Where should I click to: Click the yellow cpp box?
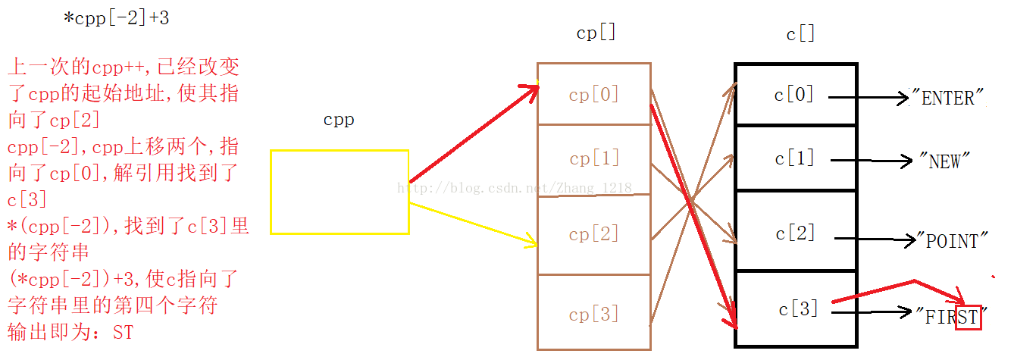point(340,192)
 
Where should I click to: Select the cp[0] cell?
point(593,94)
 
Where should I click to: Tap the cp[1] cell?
point(593,159)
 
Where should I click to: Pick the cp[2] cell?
point(593,235)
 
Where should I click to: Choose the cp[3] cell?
point(593,312)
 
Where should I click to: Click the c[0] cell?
point(796,94)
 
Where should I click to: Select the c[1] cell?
point(796,158)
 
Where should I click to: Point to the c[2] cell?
point(796,232)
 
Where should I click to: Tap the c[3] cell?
point(796,309)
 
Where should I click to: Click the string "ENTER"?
point(947,98)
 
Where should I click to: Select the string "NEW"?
point(944,161)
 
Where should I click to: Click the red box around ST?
point(968,317)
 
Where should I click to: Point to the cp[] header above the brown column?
point(596,33)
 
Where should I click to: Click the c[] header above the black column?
point(800,34)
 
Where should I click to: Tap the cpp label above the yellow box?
point(339,121)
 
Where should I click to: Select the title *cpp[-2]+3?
point(117,18)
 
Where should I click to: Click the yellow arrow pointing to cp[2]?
point(473,224)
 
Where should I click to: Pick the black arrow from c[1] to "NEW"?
point(872,161)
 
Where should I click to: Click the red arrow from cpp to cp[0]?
point(474,134)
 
